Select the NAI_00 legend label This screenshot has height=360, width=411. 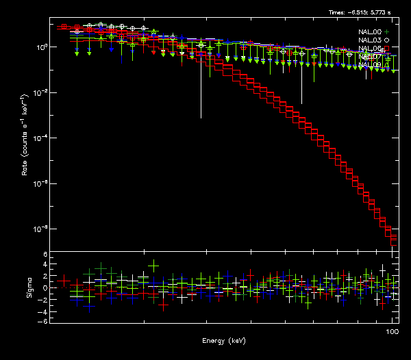coord(370,32)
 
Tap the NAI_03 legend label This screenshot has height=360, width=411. coord(370,40)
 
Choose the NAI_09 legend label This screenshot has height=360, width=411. coord(370,65)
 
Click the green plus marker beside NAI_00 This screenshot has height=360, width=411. coord(387,32)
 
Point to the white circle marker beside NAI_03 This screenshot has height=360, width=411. coord(387,40)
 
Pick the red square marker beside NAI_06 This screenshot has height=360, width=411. coord(387,49)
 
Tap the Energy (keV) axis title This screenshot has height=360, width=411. coord(224,341)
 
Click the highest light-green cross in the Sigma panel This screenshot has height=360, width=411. coord(153,265)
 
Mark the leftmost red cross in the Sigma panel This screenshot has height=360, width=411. coord(63,281)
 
